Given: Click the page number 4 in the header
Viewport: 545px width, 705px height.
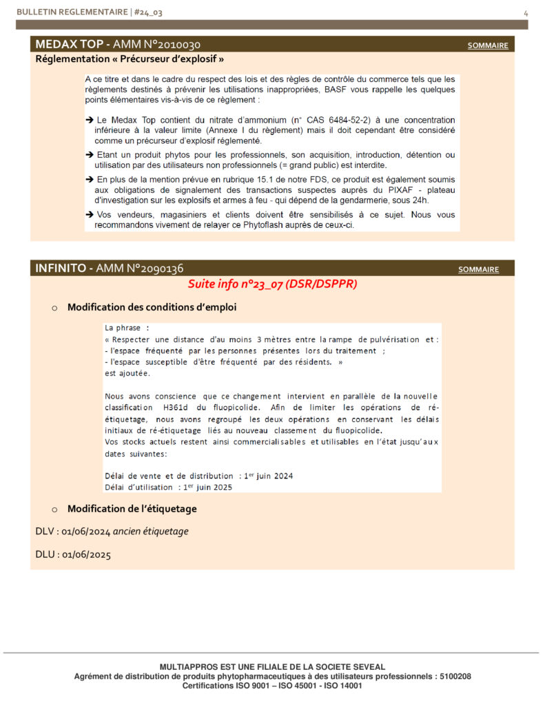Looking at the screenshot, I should pos(526,12).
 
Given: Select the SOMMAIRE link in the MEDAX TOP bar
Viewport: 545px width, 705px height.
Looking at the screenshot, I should pos(488,45).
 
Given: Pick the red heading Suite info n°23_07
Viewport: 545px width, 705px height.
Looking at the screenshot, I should pos(272,284).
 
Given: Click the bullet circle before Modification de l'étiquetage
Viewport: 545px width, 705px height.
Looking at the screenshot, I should pos(54,509).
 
